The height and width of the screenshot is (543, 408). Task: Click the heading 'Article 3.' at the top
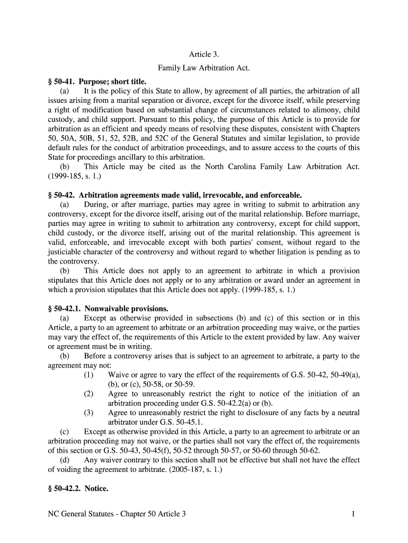(x=204, y=54)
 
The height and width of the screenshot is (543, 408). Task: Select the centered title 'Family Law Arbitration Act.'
(x=204, y=68)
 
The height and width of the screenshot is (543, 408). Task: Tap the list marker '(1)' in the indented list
(x=88, y=375)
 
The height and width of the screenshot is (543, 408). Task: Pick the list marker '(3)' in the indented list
(x=88, y=413)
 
